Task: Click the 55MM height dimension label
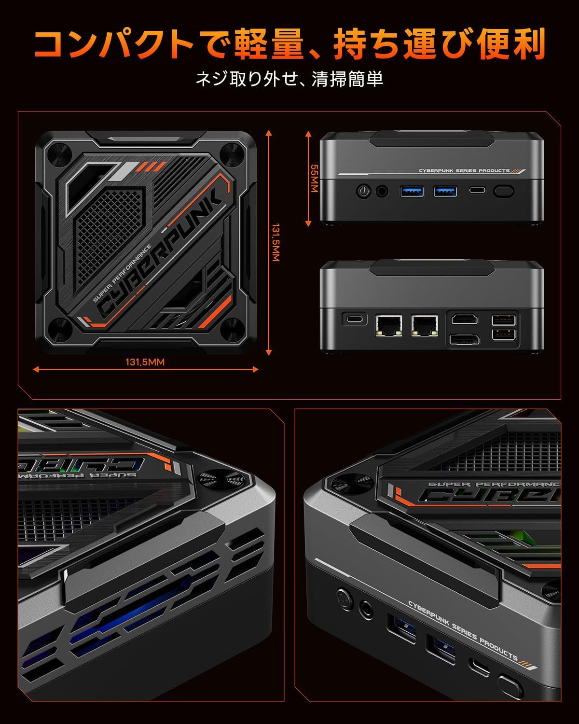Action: coord(314,179)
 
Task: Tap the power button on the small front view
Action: coord(363,191)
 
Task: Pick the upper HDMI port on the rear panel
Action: coord(464,319)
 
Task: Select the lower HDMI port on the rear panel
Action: coord(464,339)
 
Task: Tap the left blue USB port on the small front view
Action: coord(412,191)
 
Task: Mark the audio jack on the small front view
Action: coord(383,191)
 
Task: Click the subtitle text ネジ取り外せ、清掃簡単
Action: coord(289,78)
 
